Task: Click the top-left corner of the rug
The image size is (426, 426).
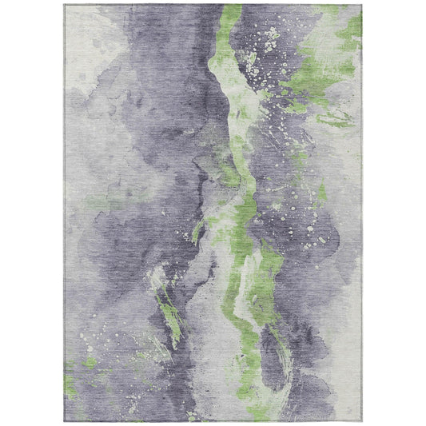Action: tap(65, 5)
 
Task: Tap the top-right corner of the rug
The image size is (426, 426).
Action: tap(361, 5)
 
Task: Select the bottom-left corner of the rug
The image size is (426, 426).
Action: tap(65, 421)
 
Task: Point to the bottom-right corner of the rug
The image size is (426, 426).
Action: tap(361, 421)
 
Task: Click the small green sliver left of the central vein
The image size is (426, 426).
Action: tap(197, 232)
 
